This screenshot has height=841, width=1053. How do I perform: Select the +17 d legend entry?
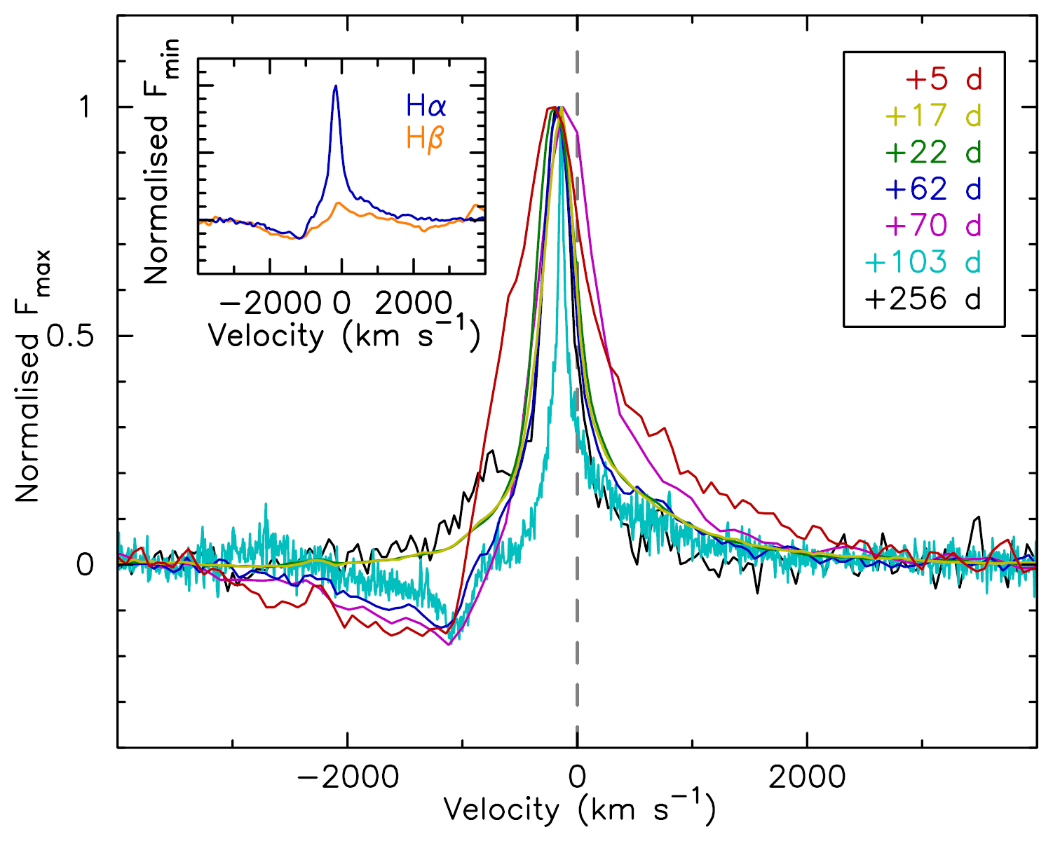pos(933,116)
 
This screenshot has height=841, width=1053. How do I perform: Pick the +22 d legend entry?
pos(933,152)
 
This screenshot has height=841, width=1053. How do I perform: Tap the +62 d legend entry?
pos(933,189)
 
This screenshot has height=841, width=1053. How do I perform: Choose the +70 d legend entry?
pos(933,225)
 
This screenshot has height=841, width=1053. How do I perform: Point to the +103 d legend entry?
pos(923,261)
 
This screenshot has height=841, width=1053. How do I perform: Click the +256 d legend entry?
pos(923,299)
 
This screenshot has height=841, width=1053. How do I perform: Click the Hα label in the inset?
pos(426,107)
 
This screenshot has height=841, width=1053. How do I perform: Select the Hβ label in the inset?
pos(425,138)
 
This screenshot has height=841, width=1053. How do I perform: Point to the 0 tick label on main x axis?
pos(577,777)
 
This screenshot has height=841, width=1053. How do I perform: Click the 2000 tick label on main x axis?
pos(807,777)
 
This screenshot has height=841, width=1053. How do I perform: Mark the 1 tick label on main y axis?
pos(86,107)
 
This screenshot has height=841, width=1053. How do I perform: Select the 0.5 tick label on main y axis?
pos(69,336)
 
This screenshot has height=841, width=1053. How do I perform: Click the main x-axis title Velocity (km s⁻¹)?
pos(579,809)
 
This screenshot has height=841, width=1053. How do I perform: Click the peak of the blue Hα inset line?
pos(335,86)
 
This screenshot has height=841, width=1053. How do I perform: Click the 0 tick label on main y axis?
pos(86,565)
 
